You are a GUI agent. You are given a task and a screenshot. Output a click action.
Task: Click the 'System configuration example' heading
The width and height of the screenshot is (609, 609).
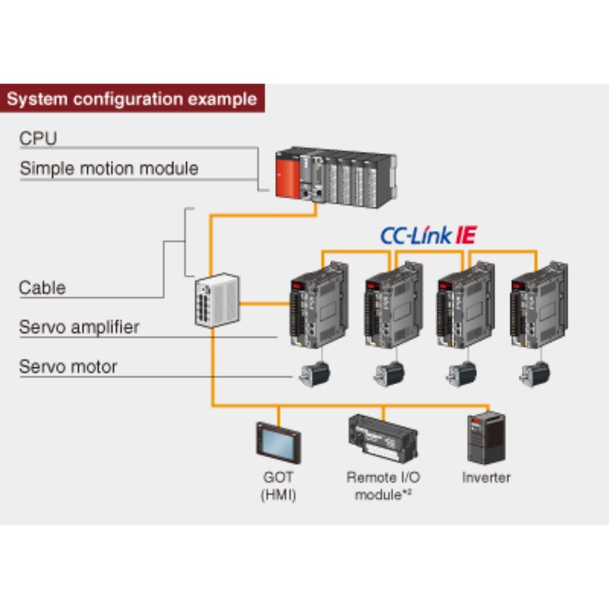[132, 99]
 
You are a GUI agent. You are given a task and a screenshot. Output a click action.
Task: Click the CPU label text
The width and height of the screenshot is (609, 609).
[38, 138]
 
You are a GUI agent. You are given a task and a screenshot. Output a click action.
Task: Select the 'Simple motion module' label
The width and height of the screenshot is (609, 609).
[109, 168]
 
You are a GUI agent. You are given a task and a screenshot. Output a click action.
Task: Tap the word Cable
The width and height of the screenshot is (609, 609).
[42, 287]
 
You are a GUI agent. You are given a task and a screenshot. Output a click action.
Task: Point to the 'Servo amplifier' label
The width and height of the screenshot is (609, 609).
[79, 327]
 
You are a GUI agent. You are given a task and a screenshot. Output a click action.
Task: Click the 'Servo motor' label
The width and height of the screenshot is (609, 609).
[68, 367]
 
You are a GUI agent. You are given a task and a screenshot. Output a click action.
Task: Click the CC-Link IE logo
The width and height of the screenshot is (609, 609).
[429, 235]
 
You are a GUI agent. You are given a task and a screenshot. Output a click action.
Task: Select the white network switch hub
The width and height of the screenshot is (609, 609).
[217, 300]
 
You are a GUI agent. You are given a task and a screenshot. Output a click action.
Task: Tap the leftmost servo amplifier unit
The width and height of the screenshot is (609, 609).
[318, 304]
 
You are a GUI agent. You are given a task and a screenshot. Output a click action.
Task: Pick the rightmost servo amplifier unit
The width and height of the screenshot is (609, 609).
[538, 304]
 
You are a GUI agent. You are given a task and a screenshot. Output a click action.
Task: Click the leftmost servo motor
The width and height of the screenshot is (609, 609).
[315, 373]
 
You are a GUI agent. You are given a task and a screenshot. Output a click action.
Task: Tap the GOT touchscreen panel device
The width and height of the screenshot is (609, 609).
[278, 443]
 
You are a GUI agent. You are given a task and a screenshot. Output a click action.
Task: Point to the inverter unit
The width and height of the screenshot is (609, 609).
[485, 438]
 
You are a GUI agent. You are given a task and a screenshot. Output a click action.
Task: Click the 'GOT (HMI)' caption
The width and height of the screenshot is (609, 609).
[278, 486]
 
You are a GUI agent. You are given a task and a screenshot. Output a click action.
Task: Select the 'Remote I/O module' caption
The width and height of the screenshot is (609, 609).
[382, 486]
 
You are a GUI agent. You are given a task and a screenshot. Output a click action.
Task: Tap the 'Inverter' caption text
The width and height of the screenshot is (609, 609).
[485, 477]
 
